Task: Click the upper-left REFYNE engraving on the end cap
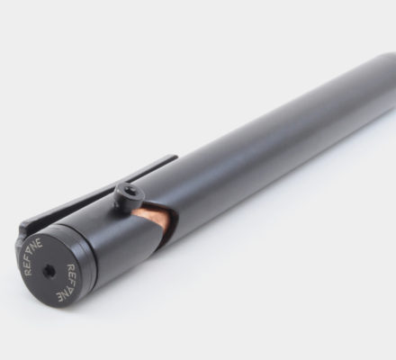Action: (33, 256)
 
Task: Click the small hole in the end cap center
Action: (49, 271)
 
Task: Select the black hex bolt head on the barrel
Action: (130, 194)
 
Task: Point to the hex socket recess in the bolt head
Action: (124, 190)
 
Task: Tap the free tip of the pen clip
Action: (175, 157)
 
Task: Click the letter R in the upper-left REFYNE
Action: (28, 271)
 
